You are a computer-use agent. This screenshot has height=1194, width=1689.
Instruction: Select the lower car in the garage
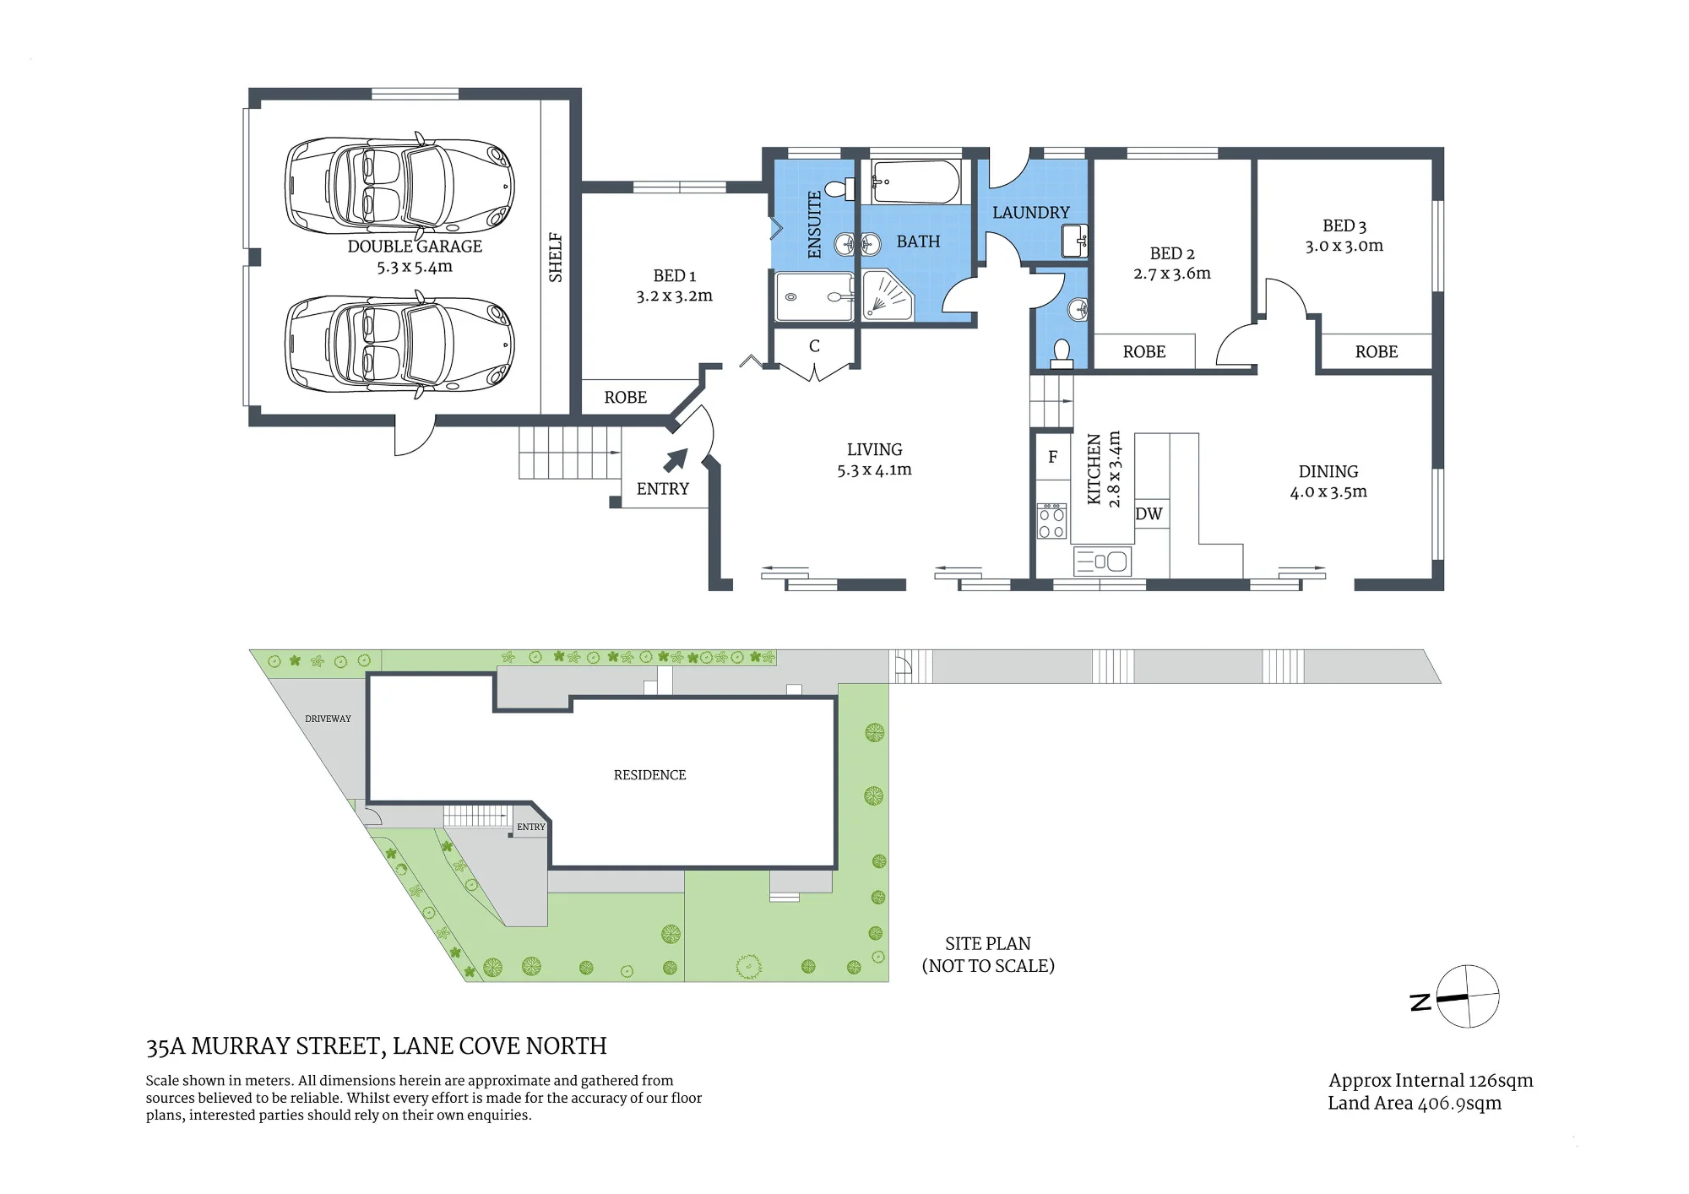[x=399, y=344]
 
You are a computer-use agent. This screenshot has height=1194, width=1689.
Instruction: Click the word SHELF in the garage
[x=555, y=258]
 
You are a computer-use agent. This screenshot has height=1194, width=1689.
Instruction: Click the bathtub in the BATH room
[x=915, y=182]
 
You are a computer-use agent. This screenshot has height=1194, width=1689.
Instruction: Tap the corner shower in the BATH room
[x=888, y=296]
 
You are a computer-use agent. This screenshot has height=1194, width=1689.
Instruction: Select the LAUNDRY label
[x=1031, y=213]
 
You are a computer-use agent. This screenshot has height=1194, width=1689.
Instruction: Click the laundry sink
[x=1074, y=242]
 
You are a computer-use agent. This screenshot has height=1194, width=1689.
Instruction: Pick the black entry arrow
[x=676, y=460]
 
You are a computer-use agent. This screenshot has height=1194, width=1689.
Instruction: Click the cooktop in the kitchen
[x=1051, y=522]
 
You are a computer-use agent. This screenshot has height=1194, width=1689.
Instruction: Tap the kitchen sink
[x=1101, y=562]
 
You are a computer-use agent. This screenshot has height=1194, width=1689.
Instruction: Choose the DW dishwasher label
[x=1149, y=514]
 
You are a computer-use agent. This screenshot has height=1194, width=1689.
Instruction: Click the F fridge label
[x=1052, y=457]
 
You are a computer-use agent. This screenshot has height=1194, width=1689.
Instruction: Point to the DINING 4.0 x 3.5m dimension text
[x=1328, y=492]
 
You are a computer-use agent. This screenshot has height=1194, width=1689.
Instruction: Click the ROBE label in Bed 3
[x=1377, y=352]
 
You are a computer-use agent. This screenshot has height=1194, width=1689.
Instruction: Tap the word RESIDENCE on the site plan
[x=649, y=775]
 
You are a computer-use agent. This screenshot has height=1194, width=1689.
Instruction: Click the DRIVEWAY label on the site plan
[x=328, y=719]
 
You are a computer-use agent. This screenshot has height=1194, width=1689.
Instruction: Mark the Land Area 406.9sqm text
[x=1415, y=1104]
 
